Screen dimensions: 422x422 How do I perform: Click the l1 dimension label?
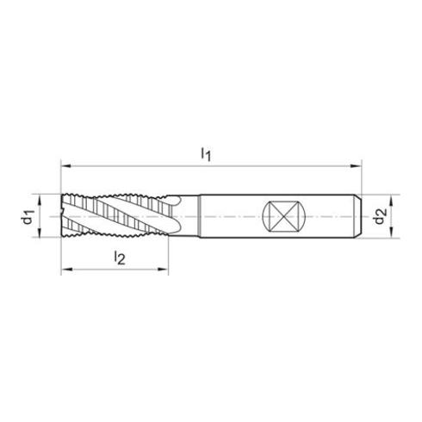click(x=206, y=153)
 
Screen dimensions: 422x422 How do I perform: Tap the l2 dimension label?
click(x=120, y=258)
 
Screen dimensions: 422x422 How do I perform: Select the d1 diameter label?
click(x=28, y=216)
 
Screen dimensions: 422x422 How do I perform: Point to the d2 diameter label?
click(x=381, y=216)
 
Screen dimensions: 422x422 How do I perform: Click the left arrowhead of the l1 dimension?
click(x=65, y=166)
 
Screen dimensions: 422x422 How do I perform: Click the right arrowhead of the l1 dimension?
click(x=357, y=166)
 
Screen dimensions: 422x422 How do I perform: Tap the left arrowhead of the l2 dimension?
click(x=65, y=270)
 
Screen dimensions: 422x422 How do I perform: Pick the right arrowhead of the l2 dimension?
click(x=164, y=270)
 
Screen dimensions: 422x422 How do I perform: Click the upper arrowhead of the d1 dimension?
click(x=40, y=199)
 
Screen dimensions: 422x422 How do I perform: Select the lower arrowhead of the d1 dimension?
click(x=40, y=233)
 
